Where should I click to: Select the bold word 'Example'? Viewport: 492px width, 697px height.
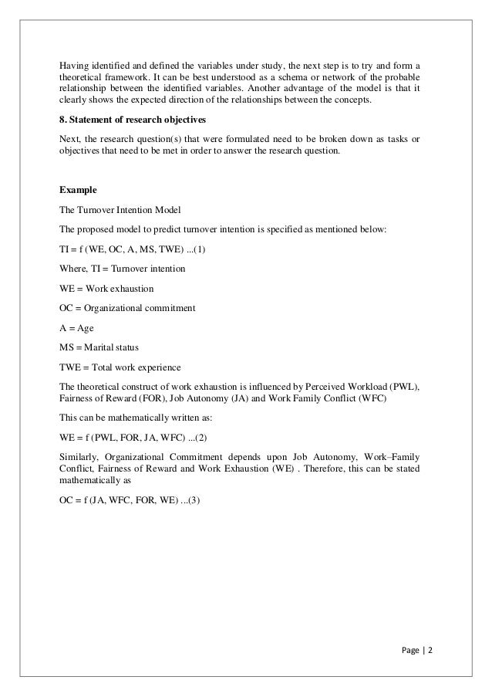tap(79, 188)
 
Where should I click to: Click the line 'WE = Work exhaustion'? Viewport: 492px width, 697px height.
tap(106, 289)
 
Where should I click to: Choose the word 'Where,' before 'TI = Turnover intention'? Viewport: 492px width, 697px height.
tap(74, 269)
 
